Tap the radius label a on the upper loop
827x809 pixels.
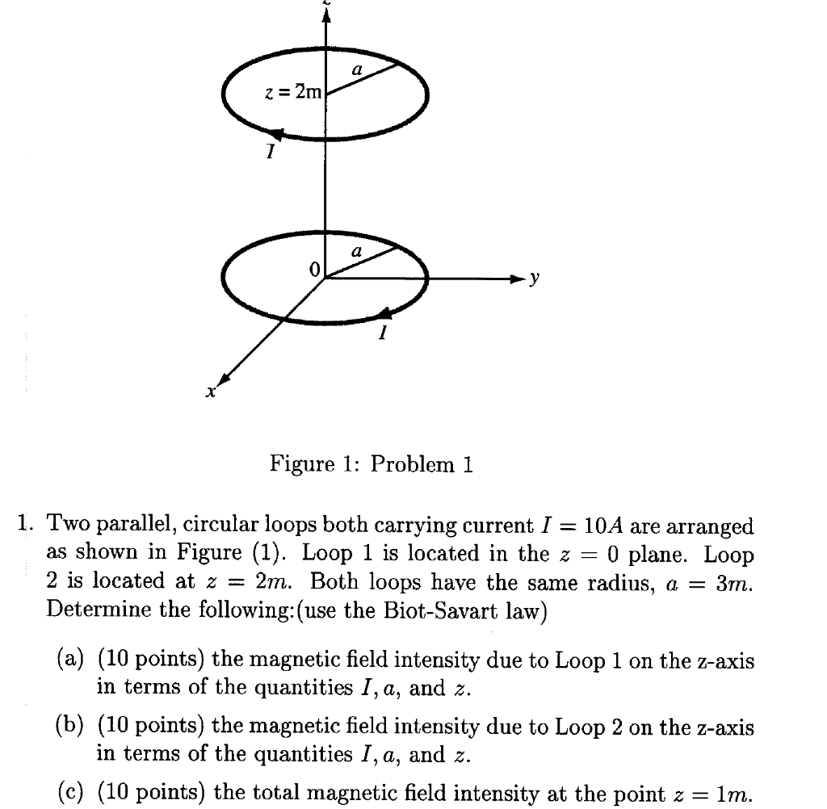coord(356,71)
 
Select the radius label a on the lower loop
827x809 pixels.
coord(356,252)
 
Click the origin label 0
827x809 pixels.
coord(314,267)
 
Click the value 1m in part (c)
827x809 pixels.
coord(734,794)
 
